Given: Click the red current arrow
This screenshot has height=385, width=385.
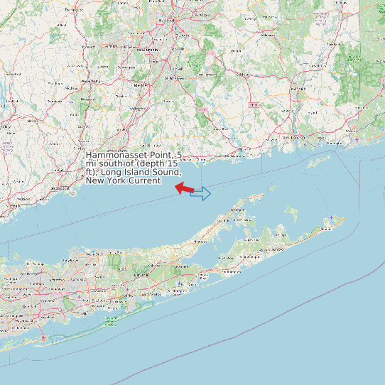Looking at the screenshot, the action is click(x=184, y=188).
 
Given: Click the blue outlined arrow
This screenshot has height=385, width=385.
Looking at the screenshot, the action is click(x=201, y=193).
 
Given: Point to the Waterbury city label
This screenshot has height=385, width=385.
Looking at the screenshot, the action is click(x=90, y=82).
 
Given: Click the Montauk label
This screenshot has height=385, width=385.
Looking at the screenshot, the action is click(x=327, y=229).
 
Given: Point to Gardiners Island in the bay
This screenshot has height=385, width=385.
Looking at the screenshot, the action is click(x=290, y=211).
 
